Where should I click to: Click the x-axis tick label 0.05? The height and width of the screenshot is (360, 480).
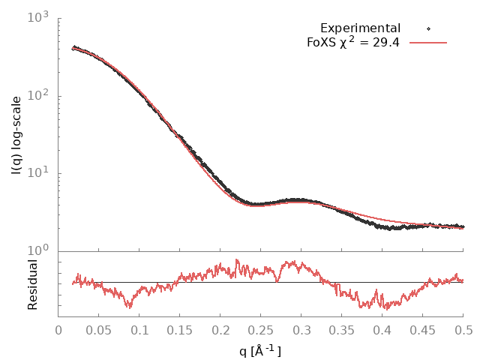(99, 328)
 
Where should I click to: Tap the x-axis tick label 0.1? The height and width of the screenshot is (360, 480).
(139, 328)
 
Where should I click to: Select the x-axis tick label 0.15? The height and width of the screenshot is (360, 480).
(180, 328)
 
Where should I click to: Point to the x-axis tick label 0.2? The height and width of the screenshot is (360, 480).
(220, 328)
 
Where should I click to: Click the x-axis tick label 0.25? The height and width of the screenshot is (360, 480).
(261, 328)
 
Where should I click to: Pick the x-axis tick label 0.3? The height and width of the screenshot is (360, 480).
(301, 328)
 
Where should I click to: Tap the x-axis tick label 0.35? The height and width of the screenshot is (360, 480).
(342, 328)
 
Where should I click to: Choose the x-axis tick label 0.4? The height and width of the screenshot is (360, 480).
(382, 328)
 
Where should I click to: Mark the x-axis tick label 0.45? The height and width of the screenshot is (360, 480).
(423, 328)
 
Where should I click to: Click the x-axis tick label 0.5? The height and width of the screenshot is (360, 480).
(463, 328)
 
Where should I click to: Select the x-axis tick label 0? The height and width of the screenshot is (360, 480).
(58, 328)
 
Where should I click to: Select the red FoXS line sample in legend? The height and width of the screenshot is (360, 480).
(428, 43)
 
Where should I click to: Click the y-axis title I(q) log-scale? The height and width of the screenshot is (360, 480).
(16, 135)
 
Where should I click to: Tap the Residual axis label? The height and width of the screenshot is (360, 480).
(33, 285)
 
